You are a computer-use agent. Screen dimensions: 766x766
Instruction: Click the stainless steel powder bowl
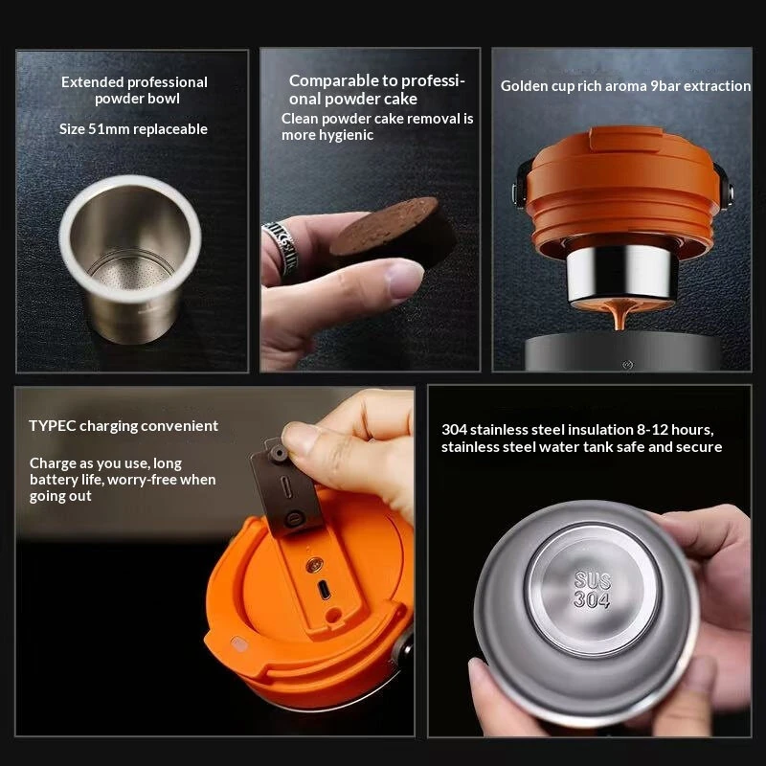tap(129, 258)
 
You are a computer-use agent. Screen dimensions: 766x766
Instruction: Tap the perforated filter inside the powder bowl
tap(132, 273)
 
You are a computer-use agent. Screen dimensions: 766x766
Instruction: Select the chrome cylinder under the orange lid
tap(621, 273)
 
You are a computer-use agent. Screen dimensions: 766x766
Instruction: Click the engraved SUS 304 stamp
tap(592, 590)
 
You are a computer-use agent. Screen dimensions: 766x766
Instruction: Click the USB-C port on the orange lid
tap(324, 589)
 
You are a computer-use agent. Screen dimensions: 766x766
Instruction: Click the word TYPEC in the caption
tap(53, 426)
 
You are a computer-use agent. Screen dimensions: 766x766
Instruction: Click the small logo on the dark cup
tap(628, 365)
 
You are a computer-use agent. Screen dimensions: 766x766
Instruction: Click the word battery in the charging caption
tap(53, 480)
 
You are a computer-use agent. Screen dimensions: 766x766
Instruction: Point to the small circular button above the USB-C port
tap(314, 565)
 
